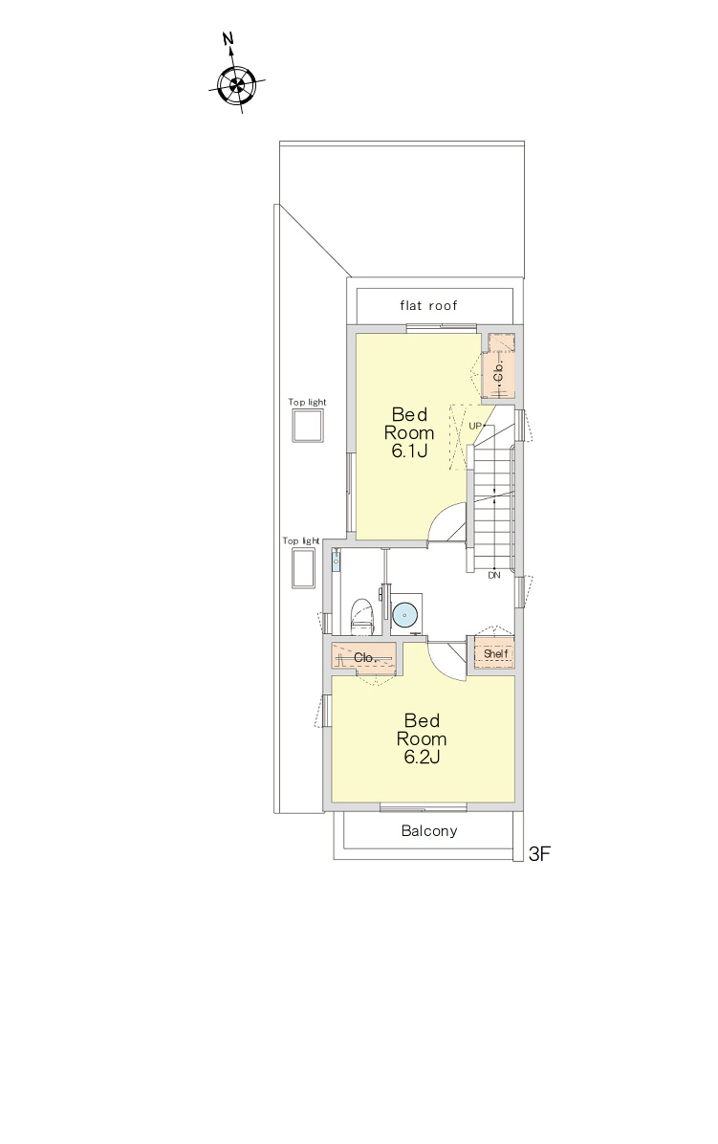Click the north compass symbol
point(236,84)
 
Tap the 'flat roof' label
point(428,306)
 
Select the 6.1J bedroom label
point(409,432)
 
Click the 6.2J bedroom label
point(422,738)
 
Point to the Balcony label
point(429,831)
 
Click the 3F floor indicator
point(539,853)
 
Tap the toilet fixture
point(362,617)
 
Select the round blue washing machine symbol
point(404,614)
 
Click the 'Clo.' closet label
point(364,657)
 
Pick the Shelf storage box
point(495,653)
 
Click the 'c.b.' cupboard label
point(499,373)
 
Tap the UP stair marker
point(475,426)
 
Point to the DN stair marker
point(494,576)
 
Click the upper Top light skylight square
point(308,426)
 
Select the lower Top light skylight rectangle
point(303,568)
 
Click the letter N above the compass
point(228,38)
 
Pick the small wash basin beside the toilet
point(336,561)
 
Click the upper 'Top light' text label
point(307,402)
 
